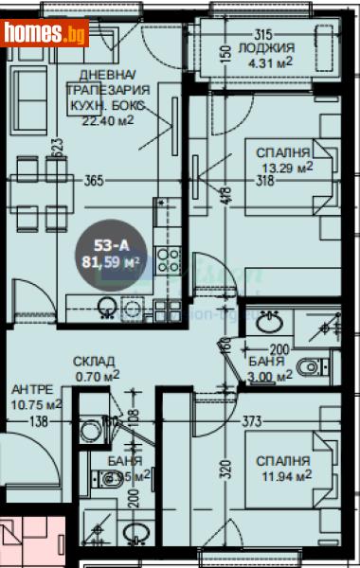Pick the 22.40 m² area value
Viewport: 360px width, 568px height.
pyautogui.click(x=109, y=118)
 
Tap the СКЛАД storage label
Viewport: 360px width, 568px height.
pyautogui.click(x=96, y=362)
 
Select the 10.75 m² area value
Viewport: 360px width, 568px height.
pyautogui.click(x=36, y=403)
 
